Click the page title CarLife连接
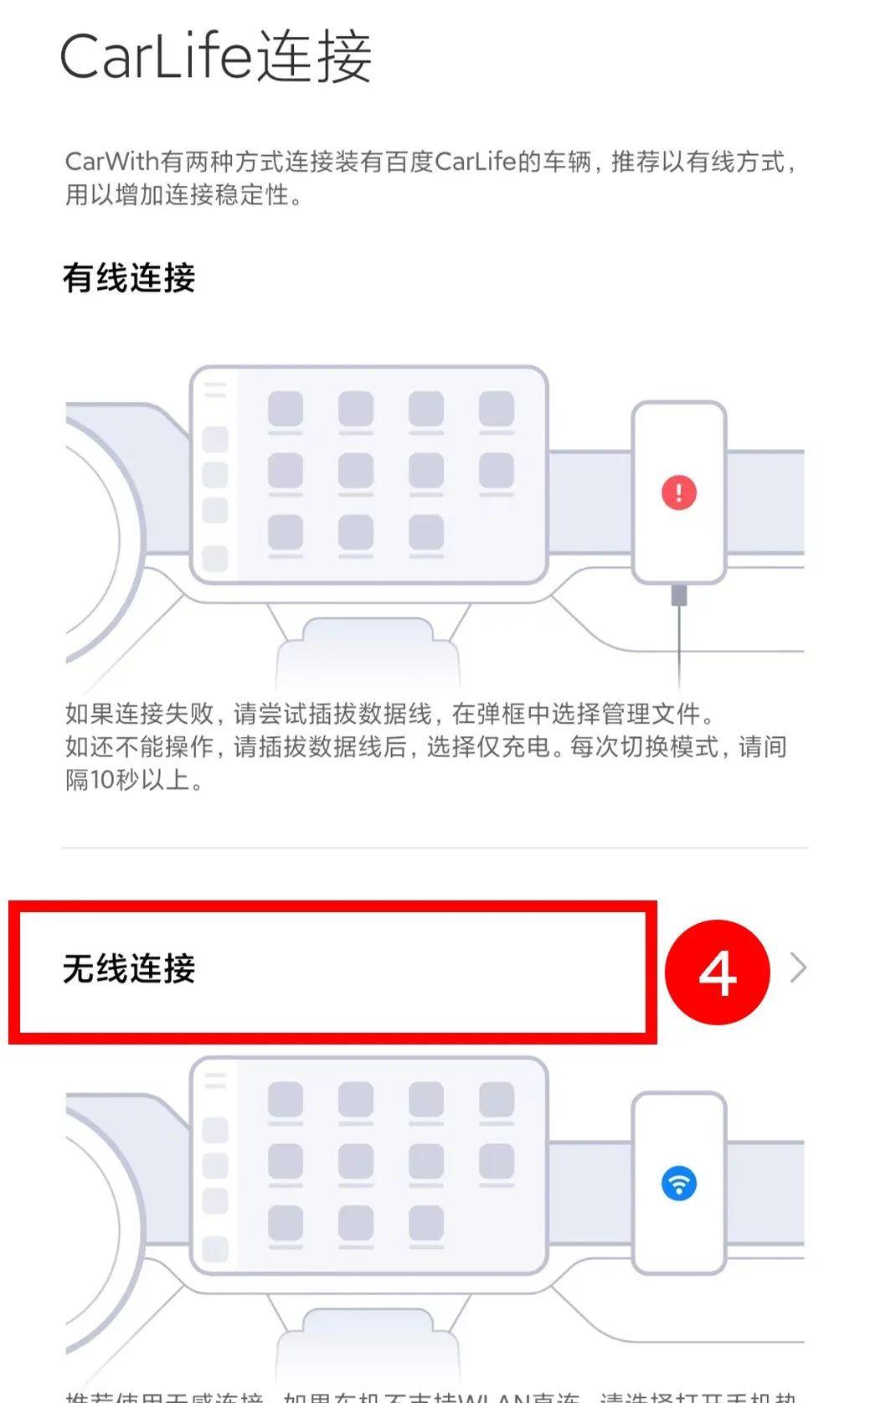(x=216, y=57)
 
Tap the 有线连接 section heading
(x=129, y=278)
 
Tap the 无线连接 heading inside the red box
(x=129, y=969)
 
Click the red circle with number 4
(x=717, y=972)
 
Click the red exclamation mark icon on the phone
(x=678, y=492)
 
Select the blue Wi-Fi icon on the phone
(x=678, y=1184)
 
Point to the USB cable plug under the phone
(x=678, y=596)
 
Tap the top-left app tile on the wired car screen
(x=285, y=410)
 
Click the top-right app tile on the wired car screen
(x=496, y=410)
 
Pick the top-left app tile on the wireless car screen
(x=285, y=1100)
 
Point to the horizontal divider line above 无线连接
(x=435, y=848)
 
